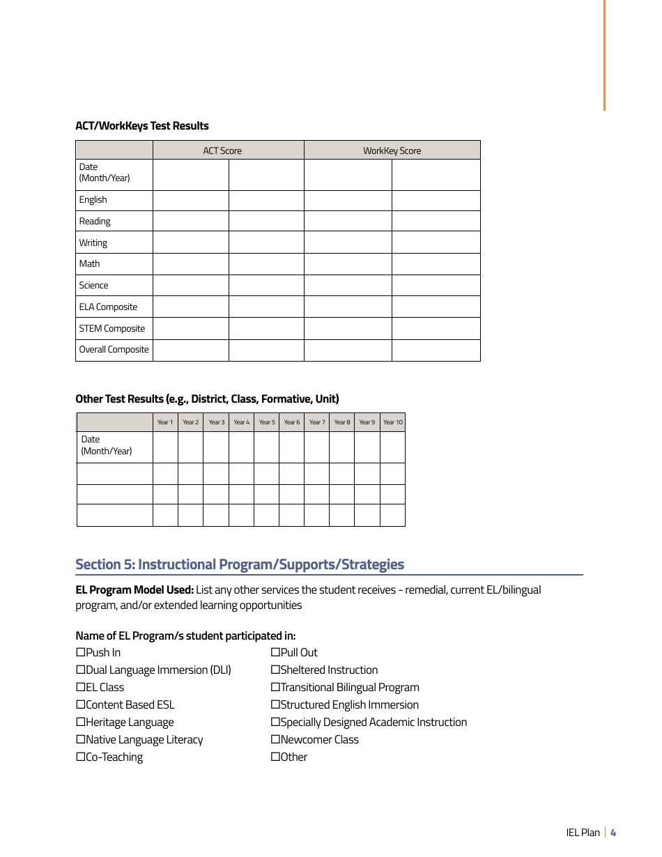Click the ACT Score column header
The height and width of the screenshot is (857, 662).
tap(222, 150)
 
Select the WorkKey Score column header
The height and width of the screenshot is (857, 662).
tap(392, 150)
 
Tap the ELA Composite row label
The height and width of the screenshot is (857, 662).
tap(108, 307)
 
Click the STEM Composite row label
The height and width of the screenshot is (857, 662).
tap(111, 328)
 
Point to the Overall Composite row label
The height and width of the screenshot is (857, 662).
tap(114, 350)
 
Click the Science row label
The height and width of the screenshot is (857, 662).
tap(93, 285)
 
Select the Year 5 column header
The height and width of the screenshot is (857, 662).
tap(267, 422)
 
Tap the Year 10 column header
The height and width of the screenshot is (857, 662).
tap(393, 422)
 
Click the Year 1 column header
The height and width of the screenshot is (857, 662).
tap(165, 422)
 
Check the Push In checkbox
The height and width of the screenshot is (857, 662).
tap(80, 653)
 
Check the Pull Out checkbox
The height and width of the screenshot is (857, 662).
tap(275, 653)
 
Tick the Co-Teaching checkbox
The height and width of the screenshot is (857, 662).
tap(80, 757)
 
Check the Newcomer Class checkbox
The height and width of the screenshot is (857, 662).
tap(275, 740)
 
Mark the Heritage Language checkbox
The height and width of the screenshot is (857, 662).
tap(80, 723)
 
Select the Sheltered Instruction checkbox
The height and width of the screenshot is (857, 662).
tap(275, 670)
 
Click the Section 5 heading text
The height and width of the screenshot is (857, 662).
tap(240, 564)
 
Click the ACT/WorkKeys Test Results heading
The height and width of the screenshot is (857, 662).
tap(142, 126)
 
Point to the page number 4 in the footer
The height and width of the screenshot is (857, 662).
tap(613, 833)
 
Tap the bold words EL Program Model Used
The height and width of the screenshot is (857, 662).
tap(134, 589)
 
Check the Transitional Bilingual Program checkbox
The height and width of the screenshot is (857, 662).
tap(275, 688)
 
